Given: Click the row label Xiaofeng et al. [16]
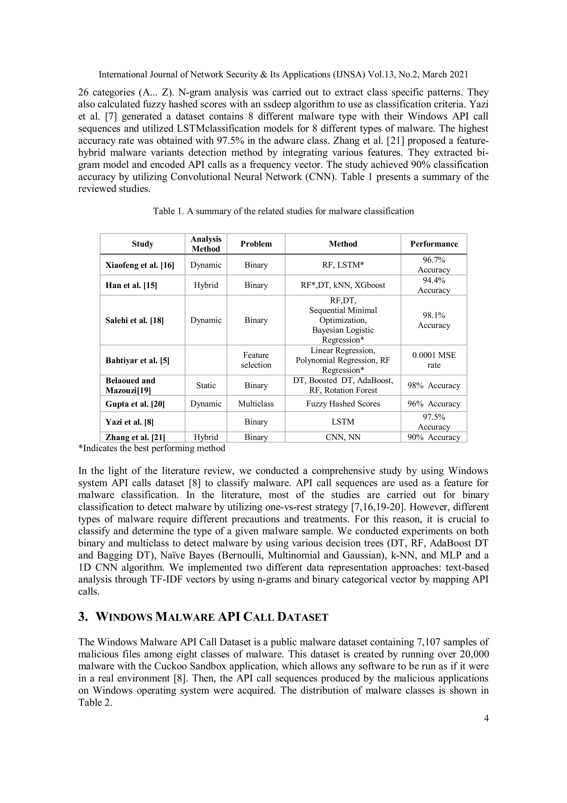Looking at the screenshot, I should (140, 265).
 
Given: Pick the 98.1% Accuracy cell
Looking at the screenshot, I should (434, 320).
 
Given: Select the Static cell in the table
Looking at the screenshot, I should (206, 385).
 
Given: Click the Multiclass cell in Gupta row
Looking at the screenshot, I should (256, 404).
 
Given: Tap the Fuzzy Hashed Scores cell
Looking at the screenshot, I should (343, 404).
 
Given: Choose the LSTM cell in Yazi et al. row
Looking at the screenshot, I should (343, 422).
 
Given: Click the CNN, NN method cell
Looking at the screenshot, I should (343, 437).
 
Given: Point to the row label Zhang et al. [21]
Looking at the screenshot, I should (135, 437).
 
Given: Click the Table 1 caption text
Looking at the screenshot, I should (283, 211).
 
